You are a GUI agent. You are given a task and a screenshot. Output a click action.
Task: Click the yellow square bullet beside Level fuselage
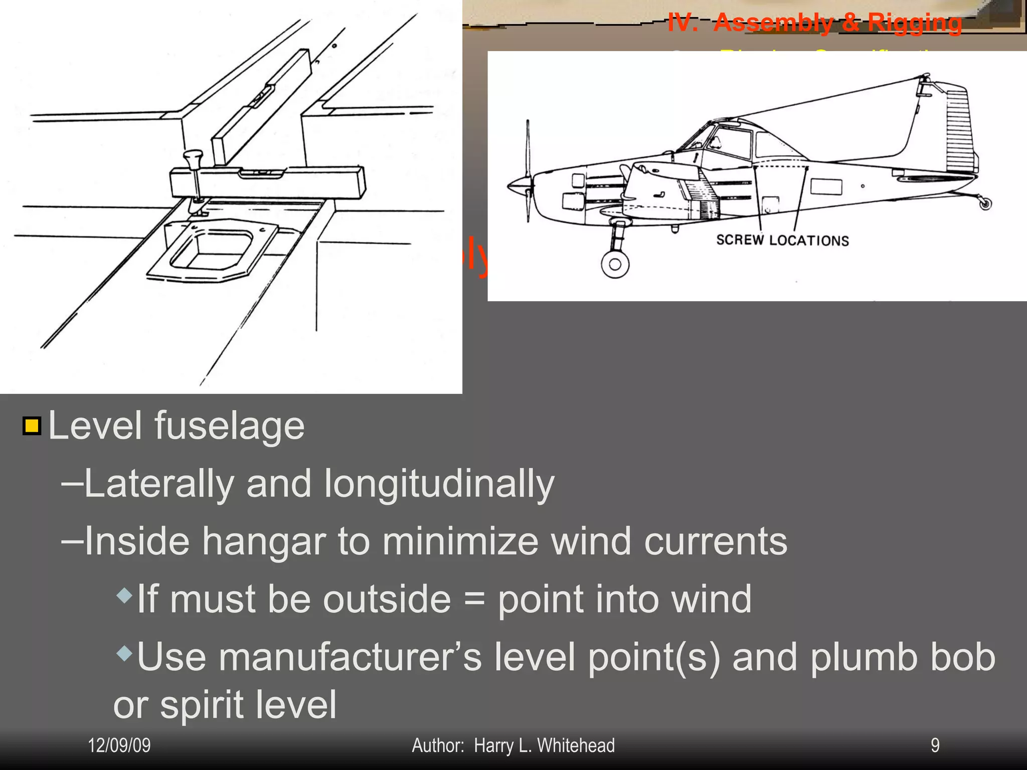(x=32, y=426)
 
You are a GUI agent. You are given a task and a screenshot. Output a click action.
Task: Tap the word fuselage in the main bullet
(x=229, y=426)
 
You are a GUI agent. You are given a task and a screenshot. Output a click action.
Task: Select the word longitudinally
(x=439, y=484)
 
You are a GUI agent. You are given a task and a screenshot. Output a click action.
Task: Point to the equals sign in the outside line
(x=474, y=600)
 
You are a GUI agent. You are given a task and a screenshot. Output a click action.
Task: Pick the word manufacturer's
(x=350, y=657)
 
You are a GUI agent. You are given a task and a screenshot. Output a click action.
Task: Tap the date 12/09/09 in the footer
(x=119, y=745)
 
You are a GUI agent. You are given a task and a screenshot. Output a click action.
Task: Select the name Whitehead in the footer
(x=576, y=745)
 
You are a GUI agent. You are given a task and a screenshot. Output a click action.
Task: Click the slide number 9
(x=935, y=745)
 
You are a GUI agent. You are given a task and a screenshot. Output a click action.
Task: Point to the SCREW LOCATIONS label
(x=782, y=241)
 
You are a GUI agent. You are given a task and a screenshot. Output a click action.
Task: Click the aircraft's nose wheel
(x=615, y=264)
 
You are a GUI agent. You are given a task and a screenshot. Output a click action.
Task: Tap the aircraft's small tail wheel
(x=985, y=204)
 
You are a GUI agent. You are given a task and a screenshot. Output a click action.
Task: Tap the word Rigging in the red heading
(x=915, y=23)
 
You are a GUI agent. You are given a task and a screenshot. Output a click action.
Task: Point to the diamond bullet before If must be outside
(x=124, y=596)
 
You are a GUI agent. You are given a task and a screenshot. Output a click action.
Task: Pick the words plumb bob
(x=903, y=657)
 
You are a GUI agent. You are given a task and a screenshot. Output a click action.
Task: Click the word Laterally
(x=159, y=484)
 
